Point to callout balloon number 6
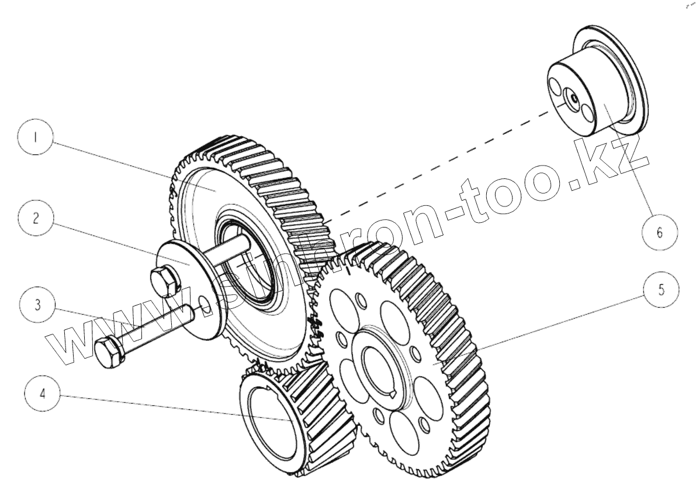pyautogui.click(x=660, y=232)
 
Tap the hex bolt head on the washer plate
pyautogui.click(x=163, y=281)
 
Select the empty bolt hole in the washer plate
pyautogui.click(x=205, y=303)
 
